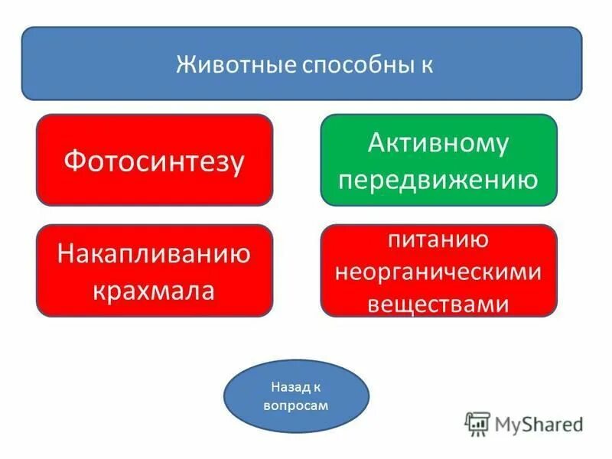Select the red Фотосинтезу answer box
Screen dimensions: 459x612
pos(154,161)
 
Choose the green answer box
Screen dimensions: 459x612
pos(438,160)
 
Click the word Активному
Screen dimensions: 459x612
pos(438,143)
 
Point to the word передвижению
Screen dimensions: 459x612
pos(438,179)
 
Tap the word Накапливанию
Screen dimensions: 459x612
pos(154,254)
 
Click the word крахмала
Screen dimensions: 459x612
pos(154,290)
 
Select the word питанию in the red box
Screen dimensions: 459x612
pos(438,240)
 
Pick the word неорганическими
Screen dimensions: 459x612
pos(438,272)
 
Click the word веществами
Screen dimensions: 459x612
pos(438,303)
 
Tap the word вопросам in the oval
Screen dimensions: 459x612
pos(295,405)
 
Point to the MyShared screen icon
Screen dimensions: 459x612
pos(477,423)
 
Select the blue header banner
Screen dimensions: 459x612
pos(301,63)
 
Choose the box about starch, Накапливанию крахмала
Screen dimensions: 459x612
pos(154,271)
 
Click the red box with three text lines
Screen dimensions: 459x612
pos(438,271)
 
